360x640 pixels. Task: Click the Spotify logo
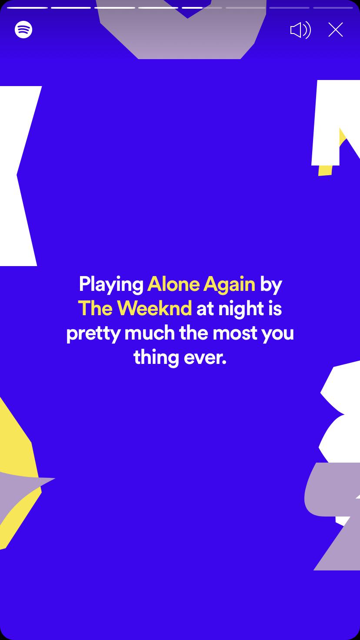[x=23, y=30]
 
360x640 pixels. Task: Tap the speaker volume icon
[x=300, y=30]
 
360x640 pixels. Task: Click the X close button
[x=335, y=30]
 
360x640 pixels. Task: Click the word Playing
[x=111, y=285]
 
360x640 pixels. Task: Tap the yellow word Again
[x=229, y=285]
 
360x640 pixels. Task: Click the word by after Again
[x=270, y=285]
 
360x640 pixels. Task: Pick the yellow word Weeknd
[x=155, y=308]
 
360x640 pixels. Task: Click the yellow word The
[x=95, y=308]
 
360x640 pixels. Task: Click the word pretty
[x=93, y=334]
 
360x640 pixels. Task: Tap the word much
[x=150, y=333]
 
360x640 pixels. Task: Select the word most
[x=235, y=333]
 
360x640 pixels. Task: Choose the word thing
[x=156, y=358]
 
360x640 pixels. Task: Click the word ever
[x=205, y=358]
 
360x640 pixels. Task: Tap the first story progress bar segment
[x=27, y=8]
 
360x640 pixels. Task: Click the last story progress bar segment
[x=333, y=8]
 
